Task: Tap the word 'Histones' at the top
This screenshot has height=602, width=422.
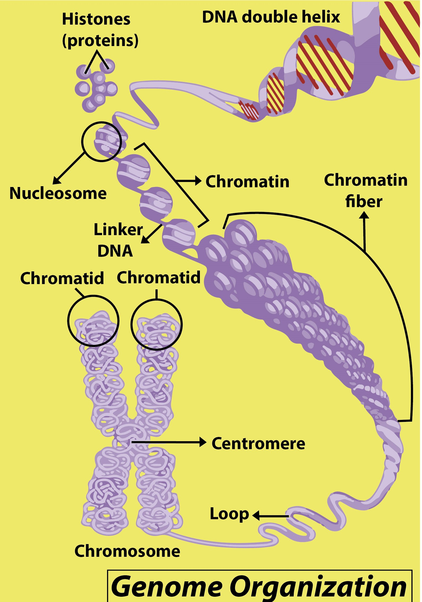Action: tap(96, 19)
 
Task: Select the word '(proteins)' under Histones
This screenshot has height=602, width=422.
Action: tap(100, 40)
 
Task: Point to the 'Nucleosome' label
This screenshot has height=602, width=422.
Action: tap(58, 193)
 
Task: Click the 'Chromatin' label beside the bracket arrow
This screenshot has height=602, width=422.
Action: tap(247, 182)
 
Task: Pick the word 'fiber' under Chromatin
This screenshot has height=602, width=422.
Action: tap(364, 202)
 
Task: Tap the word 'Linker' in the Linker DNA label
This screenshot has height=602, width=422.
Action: tap(118, 230)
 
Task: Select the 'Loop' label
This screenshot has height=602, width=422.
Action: tap(229, 514)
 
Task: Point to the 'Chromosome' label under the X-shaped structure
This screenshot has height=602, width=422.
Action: tap(127, 551)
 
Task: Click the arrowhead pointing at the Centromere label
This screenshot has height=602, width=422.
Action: tap(203, 442)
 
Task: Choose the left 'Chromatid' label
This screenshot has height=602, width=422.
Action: tap(62, 279)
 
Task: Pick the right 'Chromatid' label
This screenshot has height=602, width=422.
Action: tap(159, 277)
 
